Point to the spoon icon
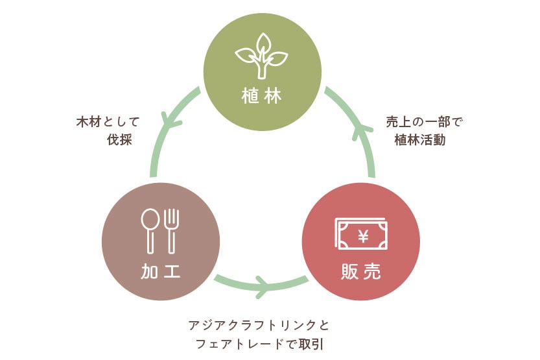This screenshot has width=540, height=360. (150, 231)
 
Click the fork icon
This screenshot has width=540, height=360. (172, 231)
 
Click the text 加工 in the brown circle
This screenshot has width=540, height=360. (159, 272)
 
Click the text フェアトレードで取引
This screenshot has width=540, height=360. (260, 343)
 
